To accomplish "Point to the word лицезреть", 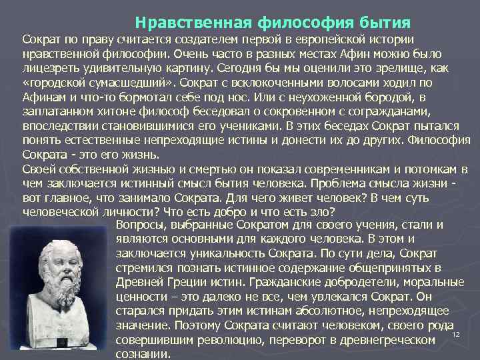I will [50, 68].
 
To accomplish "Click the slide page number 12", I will [457, 335].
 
